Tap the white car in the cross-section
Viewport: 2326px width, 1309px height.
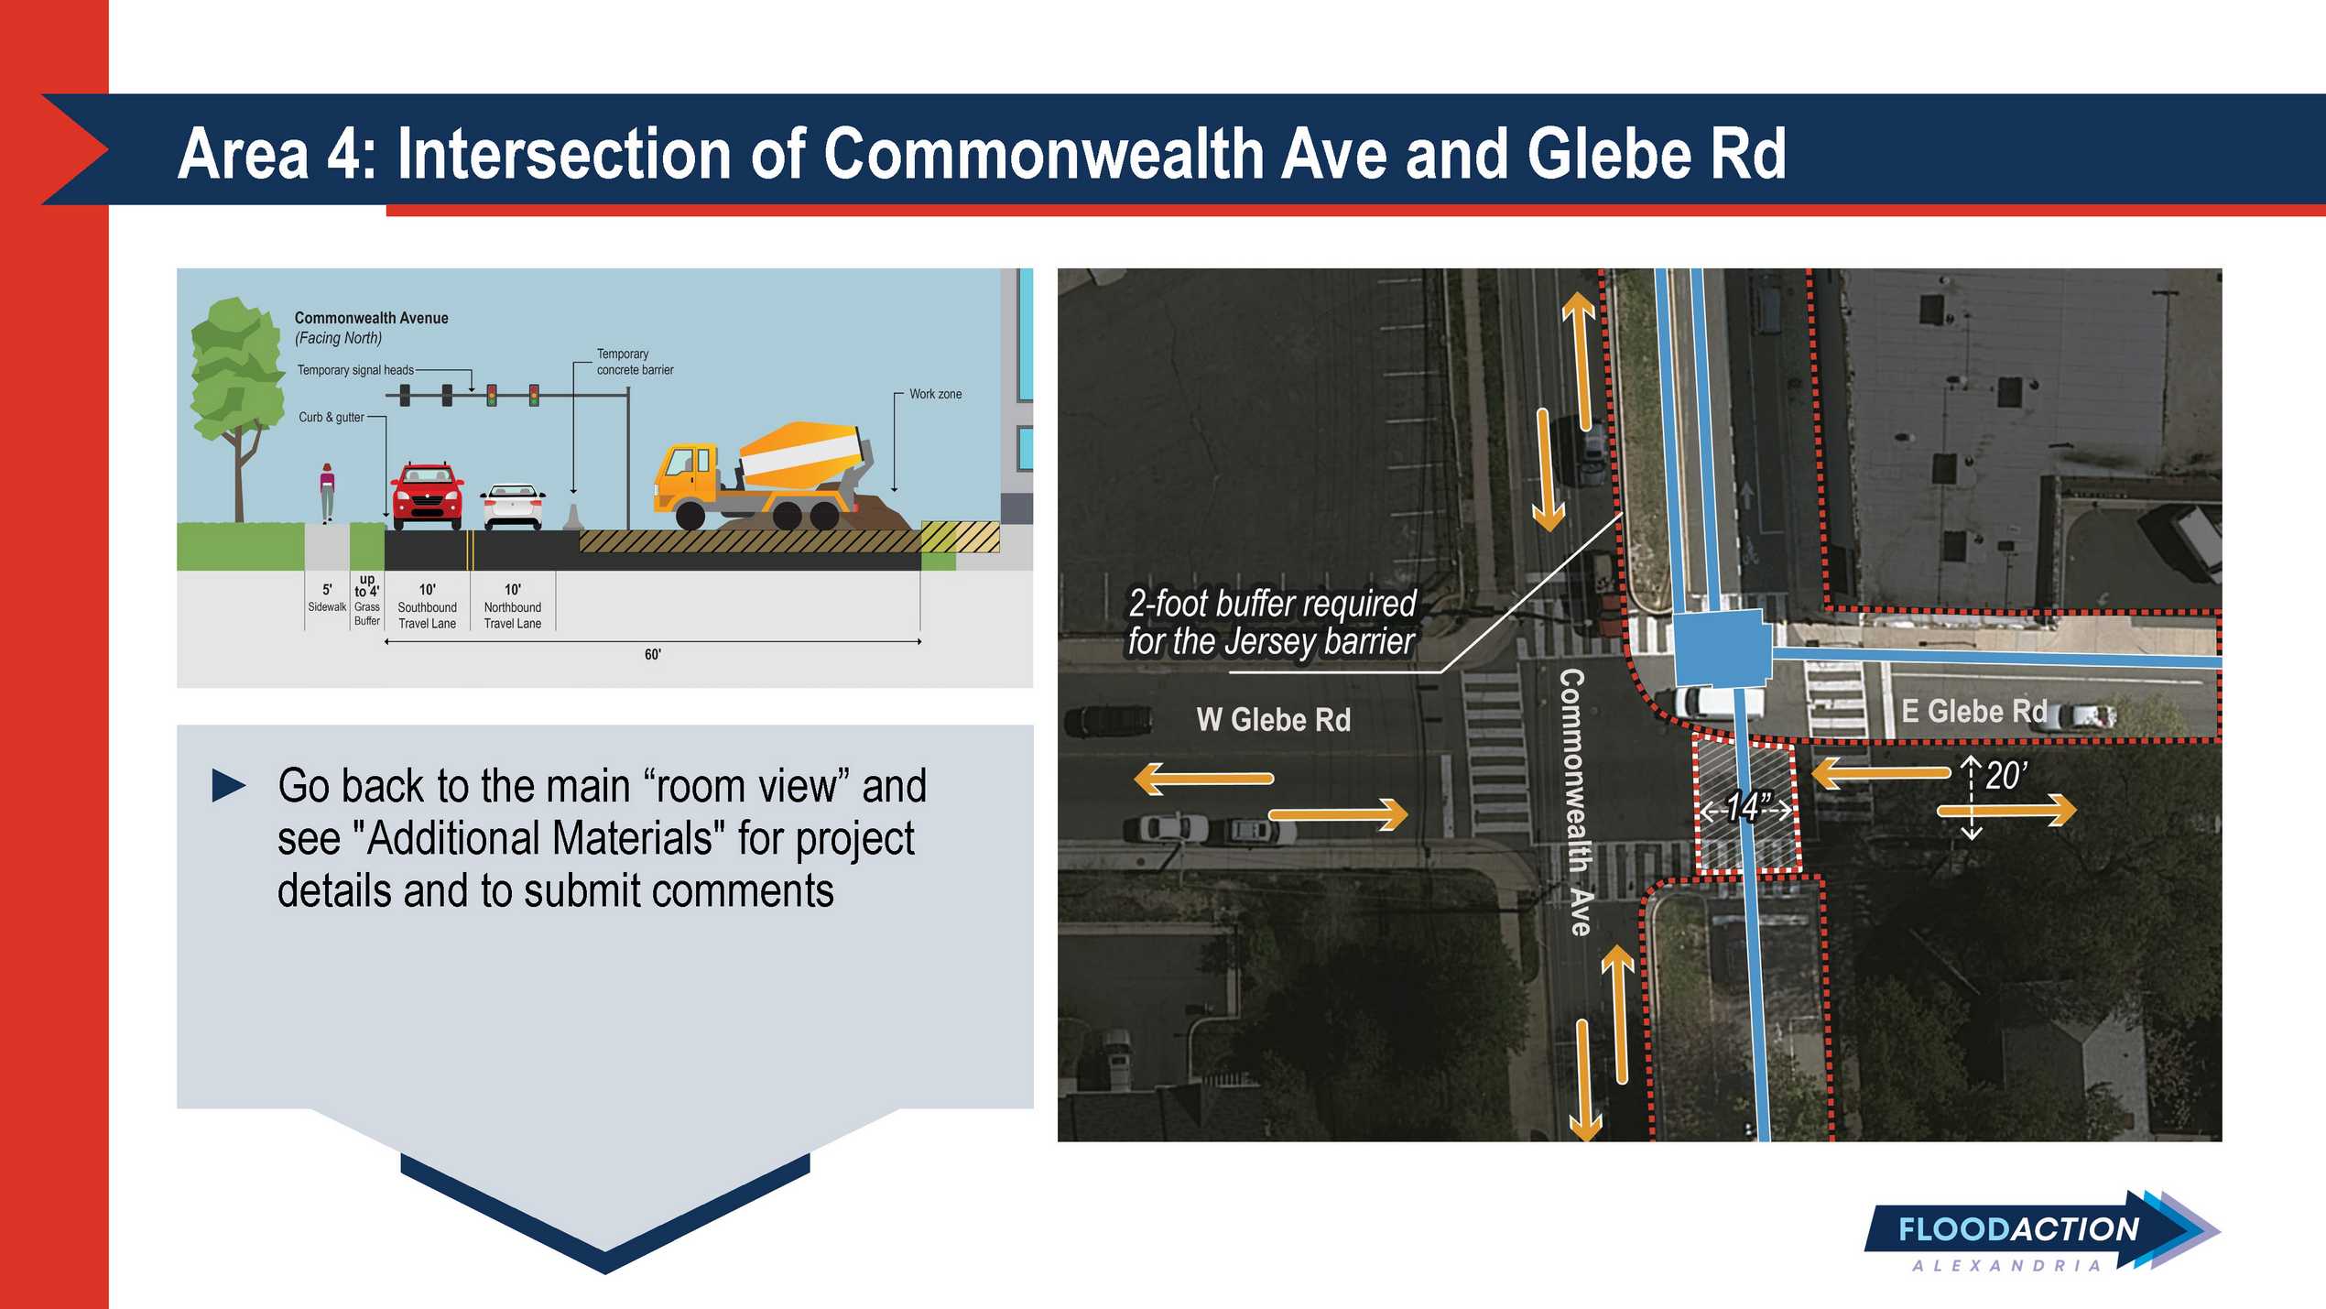pos(513,507)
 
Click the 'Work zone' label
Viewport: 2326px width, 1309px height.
pos(935,394)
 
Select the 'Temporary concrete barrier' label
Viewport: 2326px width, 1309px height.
pos(635,362)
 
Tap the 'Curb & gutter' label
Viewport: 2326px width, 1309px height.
pos(332,418)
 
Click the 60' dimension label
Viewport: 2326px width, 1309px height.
pos(652,654)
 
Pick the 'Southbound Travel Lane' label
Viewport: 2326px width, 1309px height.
pos(427,615)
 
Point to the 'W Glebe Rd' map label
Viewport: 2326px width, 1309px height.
pos(1273,720)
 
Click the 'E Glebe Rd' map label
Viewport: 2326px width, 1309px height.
pos(1973,711)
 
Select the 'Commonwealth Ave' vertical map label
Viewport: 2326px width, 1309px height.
pos(1574,802)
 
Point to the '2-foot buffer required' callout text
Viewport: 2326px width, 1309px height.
pos(1272,604)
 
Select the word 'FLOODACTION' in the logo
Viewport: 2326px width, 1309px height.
pos(2018,1229)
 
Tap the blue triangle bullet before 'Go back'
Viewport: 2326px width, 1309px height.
pos(229,786)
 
